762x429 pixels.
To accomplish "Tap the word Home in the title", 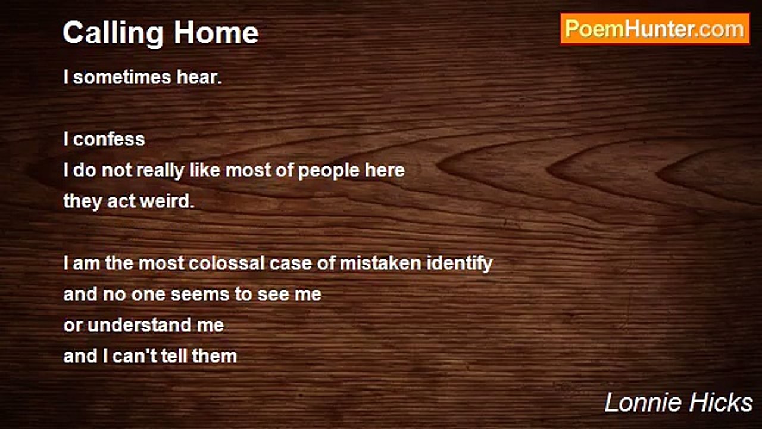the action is [216, 32].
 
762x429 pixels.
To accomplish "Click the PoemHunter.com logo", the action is [655, 29].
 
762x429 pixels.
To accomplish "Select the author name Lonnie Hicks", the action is [679, 402].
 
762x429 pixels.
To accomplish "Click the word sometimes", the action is [122, 77].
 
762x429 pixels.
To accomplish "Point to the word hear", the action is [199, 77].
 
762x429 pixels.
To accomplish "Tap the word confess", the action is [109, 139].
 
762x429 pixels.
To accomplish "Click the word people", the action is [329, 170].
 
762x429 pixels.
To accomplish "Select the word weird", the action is [167, 201].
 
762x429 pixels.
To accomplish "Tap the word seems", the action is [200, 294].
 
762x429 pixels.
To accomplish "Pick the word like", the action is [205, 170].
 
